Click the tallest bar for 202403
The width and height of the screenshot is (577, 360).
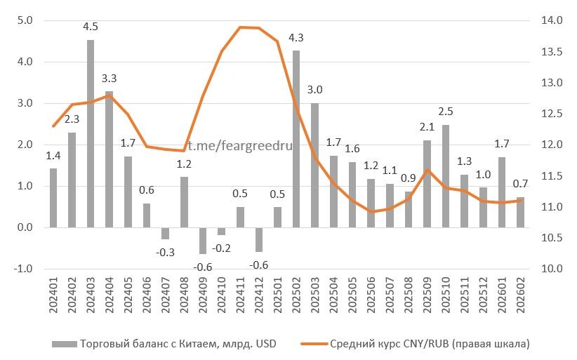91,133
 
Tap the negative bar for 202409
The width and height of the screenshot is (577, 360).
203,240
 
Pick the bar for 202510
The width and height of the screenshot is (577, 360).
446,175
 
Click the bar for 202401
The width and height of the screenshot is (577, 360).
53,198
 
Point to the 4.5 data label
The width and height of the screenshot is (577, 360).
91,27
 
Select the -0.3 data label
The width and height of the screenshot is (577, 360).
166,252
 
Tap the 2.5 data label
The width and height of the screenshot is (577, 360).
446,112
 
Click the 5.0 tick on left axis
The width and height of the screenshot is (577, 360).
25,20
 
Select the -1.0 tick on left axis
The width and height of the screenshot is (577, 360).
23,269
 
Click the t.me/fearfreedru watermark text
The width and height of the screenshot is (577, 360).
239,145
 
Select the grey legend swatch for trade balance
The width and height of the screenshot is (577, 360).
64,344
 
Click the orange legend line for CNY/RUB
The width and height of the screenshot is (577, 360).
312,344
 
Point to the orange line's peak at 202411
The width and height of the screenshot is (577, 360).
241,27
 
